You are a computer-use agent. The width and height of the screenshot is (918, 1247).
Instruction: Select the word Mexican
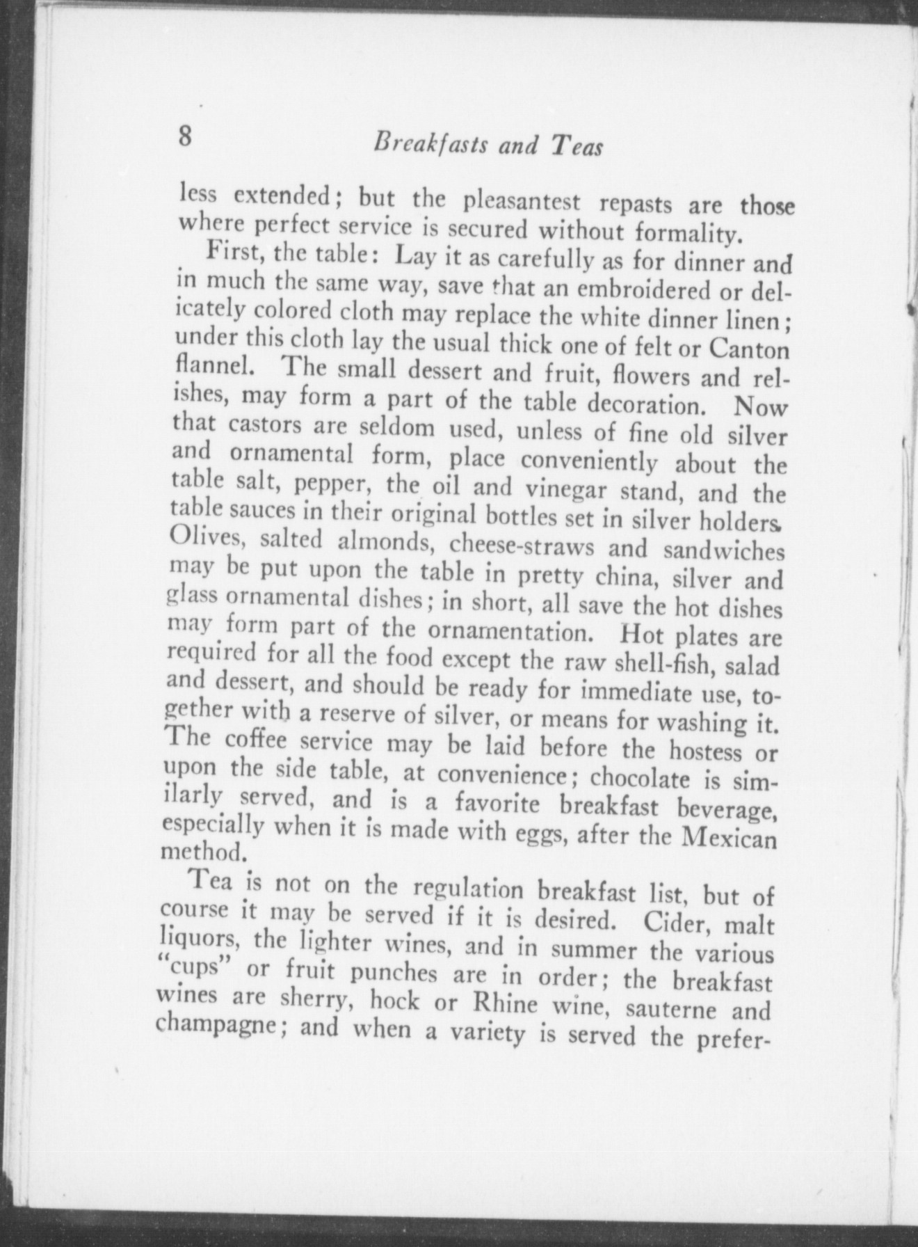[x=730, y=838]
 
